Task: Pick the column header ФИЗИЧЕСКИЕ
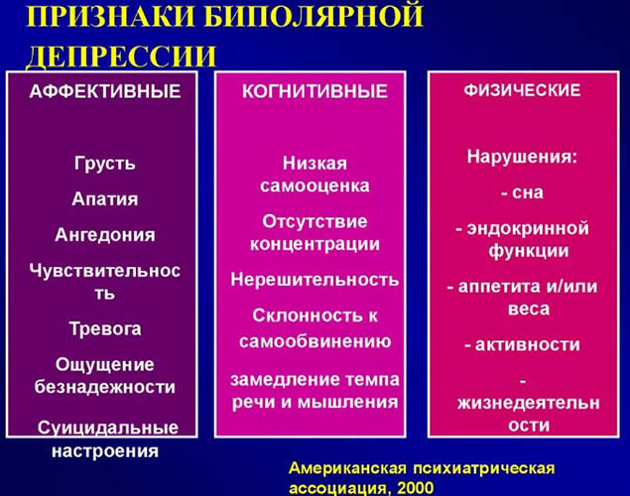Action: (x=523, y=90)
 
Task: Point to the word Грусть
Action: (x=104, y=163)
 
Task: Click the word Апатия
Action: (x=104, y=198)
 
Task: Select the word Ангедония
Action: (x=104, y=235)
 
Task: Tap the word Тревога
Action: (x=105, y=328)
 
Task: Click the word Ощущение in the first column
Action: (x=105, y=364)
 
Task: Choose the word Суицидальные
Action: (x=108, y=428)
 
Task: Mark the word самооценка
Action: (x=315, y=186)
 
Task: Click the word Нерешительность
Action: (x=315, y=280)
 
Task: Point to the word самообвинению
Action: (x=315, y=340)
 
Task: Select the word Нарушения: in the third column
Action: (x=523, y=156)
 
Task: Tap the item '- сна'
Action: (x=522, y=191)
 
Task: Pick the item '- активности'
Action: (x=522, y=344)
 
